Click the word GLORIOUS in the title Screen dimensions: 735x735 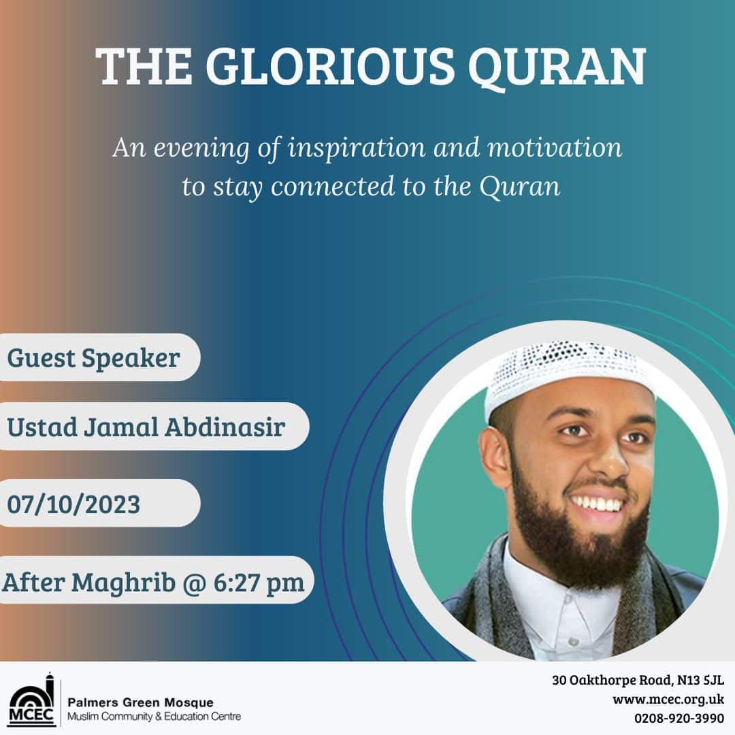(330, 67)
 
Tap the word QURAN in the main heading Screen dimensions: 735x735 (557, 68)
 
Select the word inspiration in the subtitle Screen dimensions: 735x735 (356, 148)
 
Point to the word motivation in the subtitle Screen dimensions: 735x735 (555, 147)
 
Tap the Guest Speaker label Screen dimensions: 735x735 (93, 359)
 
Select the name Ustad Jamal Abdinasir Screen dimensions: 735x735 (146, 427)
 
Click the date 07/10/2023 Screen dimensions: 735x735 (73, 504)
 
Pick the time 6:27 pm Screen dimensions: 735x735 (259, 583)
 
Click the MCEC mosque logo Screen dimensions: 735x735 (32, 700)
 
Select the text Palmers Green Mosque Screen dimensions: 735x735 (140, 702)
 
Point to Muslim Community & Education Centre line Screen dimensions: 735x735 (154, 716)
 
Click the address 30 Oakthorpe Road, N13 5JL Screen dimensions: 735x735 (638, 680)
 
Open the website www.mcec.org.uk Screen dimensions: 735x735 (668, 700)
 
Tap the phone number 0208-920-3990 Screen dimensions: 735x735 (679, 718)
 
